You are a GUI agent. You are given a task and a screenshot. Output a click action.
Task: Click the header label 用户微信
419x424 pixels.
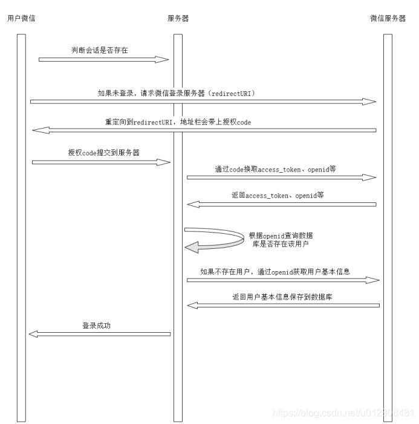[21, 18]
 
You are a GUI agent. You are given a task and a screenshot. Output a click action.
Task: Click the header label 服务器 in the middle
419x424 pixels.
[178, 18]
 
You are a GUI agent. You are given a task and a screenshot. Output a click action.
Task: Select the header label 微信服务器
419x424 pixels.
[388, 18]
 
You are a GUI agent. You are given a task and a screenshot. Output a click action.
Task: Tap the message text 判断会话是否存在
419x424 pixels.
[100, 50]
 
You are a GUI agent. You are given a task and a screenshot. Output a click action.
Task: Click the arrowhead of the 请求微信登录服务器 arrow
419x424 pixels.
[370, 102]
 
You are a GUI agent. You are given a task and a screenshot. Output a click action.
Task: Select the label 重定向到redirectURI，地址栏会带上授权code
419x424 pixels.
[178, 121]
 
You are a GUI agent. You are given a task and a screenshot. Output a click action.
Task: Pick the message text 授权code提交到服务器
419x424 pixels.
[104, 153]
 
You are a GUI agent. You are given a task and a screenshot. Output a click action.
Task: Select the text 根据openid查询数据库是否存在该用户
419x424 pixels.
[281, 239]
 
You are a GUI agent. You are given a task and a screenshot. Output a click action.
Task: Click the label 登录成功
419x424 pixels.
[97, 326]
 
